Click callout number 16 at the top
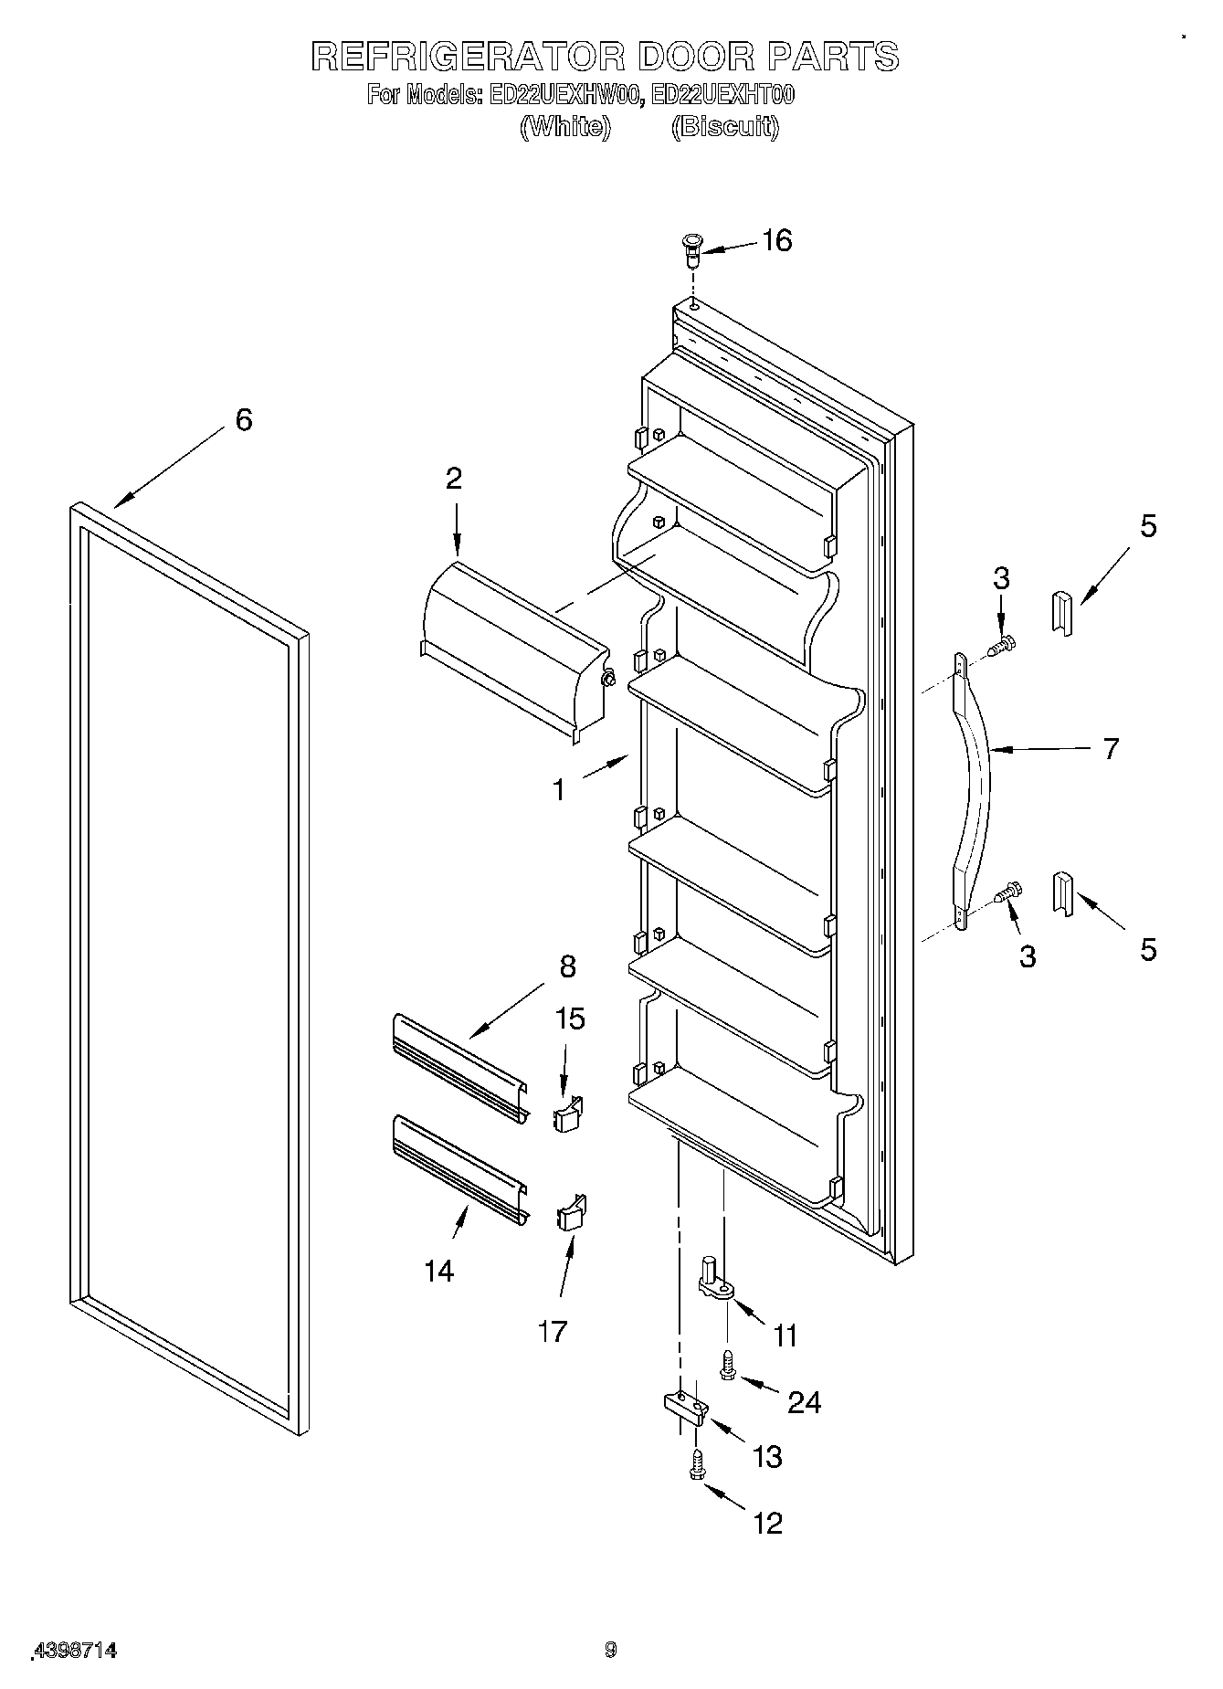click(x=776, y=241)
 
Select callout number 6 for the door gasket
click(x=243, y=420)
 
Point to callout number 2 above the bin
click(x=454, y=479)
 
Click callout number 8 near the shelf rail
click(x=567, y=966)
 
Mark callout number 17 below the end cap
click(x=553, y=1331)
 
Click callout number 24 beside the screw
click(x=804, y=1401)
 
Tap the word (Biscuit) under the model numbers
click(x=725, y=127)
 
